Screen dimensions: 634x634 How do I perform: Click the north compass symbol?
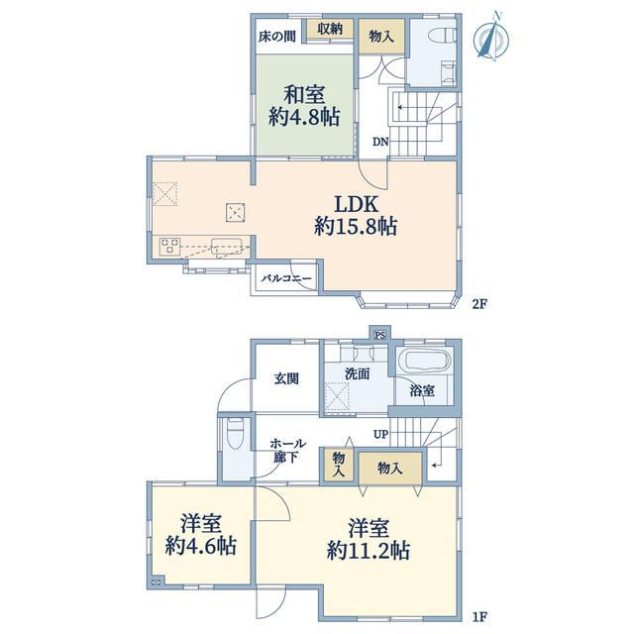pos(491,38)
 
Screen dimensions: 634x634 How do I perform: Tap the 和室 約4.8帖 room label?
pos(304,106)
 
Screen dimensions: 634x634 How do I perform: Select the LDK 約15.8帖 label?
pos(356,215)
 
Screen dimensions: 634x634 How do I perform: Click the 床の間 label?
pos(277,37)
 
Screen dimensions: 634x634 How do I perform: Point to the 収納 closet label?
pos(330,29)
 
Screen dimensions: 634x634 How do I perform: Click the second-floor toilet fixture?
pos(445,35)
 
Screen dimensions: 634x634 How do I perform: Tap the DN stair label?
pos(380,142)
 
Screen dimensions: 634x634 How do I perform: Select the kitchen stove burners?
pos(169,247)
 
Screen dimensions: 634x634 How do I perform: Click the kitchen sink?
pos(227,247)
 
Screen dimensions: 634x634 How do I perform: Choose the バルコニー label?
pos(286,278)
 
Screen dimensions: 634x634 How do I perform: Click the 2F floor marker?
pos(479,304)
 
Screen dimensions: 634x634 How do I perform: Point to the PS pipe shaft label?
pos(379,335)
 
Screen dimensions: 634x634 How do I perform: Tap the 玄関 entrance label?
pos(286,378)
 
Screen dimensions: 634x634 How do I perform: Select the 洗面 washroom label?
pos(358,374)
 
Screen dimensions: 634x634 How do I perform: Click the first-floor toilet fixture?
pos(235,433)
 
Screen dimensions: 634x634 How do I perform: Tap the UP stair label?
pos(380,435)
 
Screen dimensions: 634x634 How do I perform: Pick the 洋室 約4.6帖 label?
pos(201,535)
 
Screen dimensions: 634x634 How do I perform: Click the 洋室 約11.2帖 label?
pos(368,539)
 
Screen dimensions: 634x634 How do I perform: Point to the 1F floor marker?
pos(479,617)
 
